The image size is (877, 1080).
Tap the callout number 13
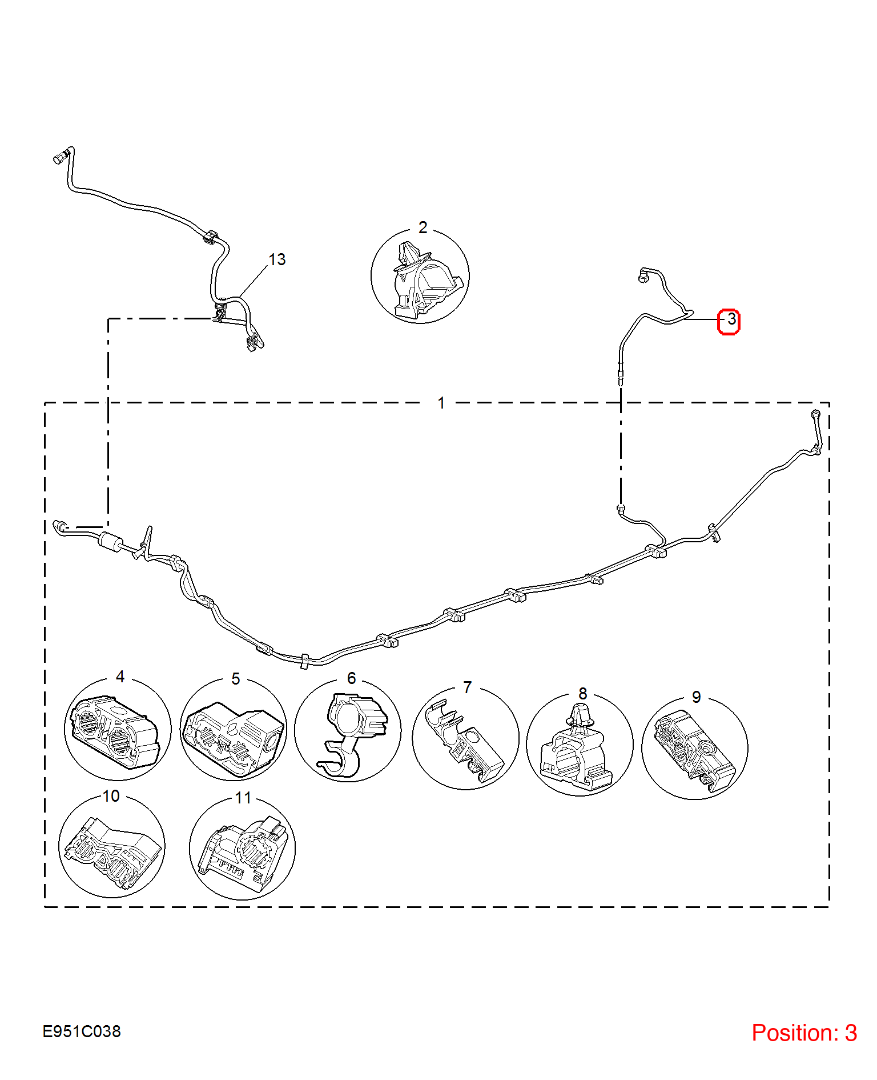pos(277,259)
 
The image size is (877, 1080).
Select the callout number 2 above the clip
pos(423,227)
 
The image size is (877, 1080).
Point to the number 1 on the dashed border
pos(441,403)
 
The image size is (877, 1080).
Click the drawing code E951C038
pos(82,1031)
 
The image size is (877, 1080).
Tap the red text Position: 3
pos(804,1033)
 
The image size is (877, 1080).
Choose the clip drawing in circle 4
pos(114,731)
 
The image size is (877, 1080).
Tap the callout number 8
pos(582,693)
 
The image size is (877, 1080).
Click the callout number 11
pos(243,798)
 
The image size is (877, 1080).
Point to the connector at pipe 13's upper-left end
pos(62,155)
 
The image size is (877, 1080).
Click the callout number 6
pos(351,678)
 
